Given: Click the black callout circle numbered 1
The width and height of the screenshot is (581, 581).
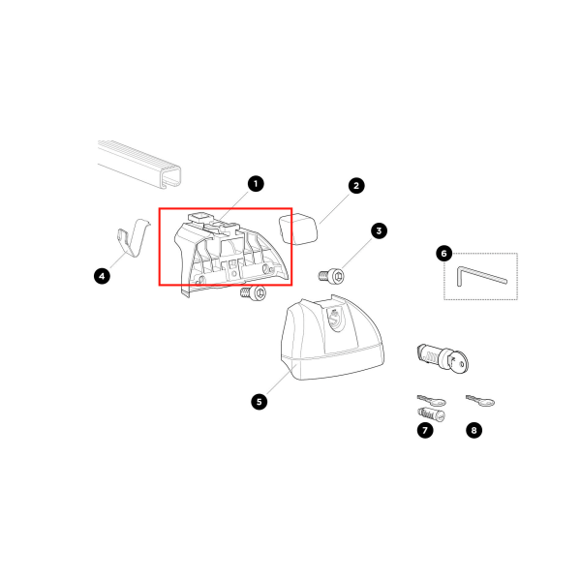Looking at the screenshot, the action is click(x=256, y=184).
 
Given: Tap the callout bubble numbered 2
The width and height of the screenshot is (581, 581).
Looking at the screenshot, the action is click(x=356, y=186).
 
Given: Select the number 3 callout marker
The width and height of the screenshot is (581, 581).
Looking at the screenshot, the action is click(x=379, y=230).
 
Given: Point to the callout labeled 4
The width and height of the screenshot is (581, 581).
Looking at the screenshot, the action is click(x=102, y=276).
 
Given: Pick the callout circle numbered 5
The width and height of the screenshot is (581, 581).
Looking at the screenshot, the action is click(x=259, y=402).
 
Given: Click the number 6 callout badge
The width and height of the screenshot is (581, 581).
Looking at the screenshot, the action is click(x=443, y=254).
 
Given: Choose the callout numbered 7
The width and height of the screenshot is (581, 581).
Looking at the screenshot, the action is click(x=425, y=430).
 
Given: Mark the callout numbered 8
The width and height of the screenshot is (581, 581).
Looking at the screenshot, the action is click(x=474, y=430).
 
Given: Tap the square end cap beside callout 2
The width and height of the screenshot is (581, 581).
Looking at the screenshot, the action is click(x=298, y=229).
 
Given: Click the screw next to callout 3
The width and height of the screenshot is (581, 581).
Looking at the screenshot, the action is click(x=331, y=276).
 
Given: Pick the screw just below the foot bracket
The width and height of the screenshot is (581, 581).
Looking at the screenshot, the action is click(x=253, y=293).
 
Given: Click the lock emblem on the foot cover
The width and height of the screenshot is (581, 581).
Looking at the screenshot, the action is click(x=335, y=318).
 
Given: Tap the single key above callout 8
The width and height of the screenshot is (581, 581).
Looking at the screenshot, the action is click(x=480, y=401).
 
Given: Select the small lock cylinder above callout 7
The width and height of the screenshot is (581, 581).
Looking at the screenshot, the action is click(x=431, y=413).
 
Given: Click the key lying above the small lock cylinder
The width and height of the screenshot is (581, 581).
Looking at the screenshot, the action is click(x=432, y=400).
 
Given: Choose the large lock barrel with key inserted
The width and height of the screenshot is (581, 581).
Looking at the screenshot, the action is click(x=443, y=358).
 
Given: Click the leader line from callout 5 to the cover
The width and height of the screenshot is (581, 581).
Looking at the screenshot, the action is click(x=283, y=380).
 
